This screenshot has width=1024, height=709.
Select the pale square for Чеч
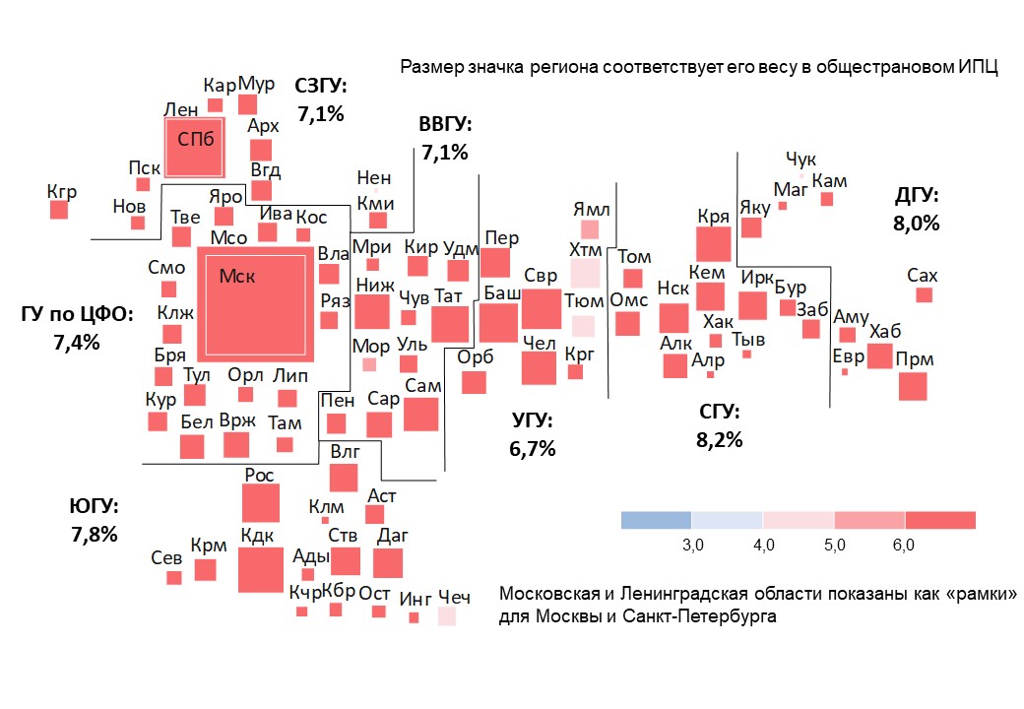point(447,616)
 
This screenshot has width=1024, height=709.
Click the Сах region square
point(924,294)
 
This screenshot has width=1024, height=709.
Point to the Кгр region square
point(59,210)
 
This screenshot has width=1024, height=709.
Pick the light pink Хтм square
point(585,272)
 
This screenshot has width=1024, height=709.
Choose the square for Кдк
point(260,570)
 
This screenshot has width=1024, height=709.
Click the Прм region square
point(913,386)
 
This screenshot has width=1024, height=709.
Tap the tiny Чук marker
point(801,176)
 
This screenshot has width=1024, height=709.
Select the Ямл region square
point(589,229)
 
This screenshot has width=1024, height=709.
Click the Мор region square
point(369,364)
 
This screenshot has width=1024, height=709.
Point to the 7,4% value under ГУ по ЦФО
point(76,342)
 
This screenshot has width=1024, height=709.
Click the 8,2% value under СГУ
point(719,440)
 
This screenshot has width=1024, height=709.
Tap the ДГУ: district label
point(916,195)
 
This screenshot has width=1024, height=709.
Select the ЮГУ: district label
point(94,507)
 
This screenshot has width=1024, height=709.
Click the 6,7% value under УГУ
point(533,449)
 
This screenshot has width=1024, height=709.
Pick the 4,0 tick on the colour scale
point(763,544)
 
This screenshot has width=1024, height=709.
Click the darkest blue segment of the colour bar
point(656,520)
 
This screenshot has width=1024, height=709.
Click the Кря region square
point(713,242)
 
